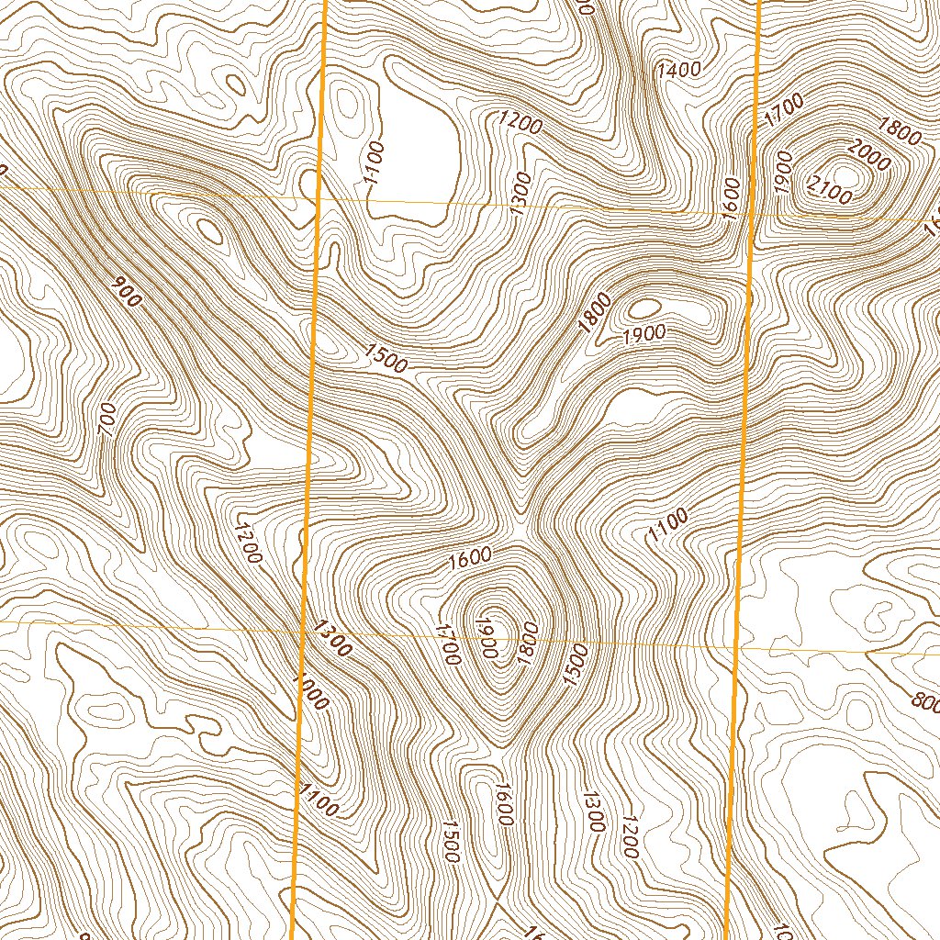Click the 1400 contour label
point(679,69)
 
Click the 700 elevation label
point(107,420)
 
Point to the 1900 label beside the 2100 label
point(783,172)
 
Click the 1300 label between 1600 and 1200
point(592,811)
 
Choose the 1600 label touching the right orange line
point(732,196)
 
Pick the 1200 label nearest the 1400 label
point(520,122)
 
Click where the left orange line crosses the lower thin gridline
point(304,631)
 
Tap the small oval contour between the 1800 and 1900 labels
point(645,307)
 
